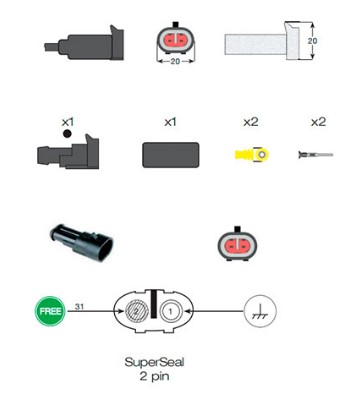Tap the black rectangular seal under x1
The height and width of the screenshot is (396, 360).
point(169,157)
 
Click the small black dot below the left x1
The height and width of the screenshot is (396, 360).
point(67,132)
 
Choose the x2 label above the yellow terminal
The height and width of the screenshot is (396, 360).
point(250,121)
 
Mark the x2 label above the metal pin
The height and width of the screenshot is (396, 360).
point(318,121)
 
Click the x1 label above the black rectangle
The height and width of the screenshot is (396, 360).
point(170,121)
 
